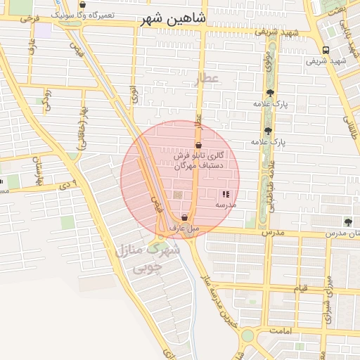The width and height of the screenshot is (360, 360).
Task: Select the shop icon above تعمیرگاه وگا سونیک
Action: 83,5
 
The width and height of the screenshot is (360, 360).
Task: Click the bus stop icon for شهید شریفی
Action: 325,50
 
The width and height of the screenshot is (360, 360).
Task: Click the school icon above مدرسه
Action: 226,194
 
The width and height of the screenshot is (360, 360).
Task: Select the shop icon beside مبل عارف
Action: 184,217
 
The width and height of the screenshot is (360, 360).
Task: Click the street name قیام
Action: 300,289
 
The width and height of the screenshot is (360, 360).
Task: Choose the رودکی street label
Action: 47,98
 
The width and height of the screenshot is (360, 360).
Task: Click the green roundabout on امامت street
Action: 247,335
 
